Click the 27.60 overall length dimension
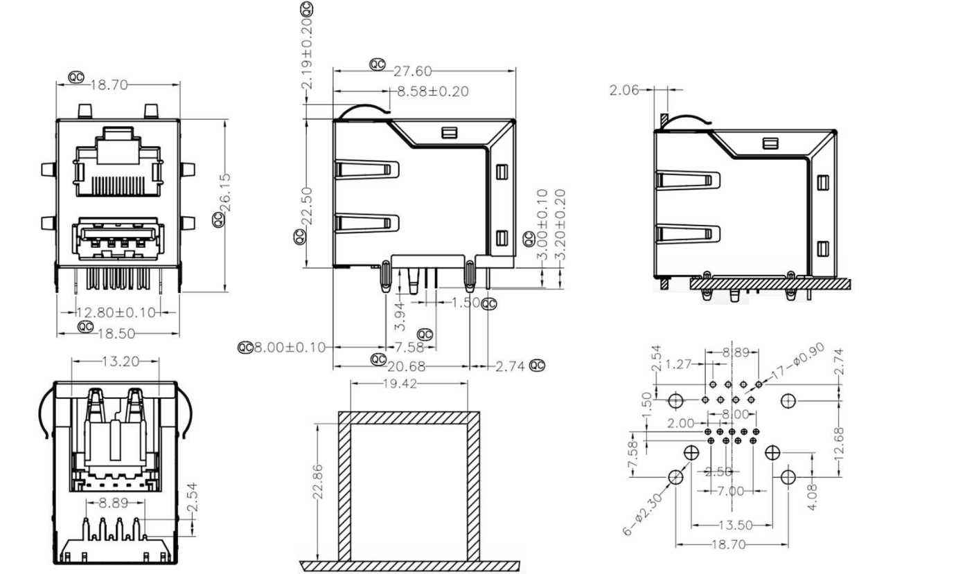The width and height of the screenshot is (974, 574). click(413, 71)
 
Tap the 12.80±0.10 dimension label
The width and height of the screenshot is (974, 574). click(116, 312)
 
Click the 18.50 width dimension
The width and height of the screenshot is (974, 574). click(116, 333)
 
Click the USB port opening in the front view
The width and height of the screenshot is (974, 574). click(118, 240)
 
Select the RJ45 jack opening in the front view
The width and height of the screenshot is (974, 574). click(118, 163)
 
